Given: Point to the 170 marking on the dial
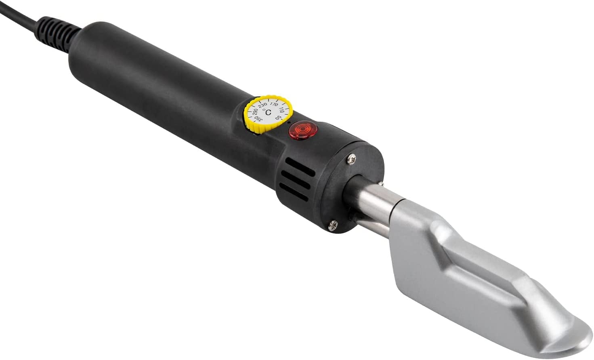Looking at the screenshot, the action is coord(274,105).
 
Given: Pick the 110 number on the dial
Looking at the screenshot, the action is coord(281,110).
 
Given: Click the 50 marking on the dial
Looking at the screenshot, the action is coord(278,117).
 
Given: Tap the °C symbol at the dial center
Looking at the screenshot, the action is coord(268,112).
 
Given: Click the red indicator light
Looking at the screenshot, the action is coord(303,130).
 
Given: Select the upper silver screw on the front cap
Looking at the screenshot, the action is coord(352,160).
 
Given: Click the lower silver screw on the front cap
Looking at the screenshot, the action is coord(333,225).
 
